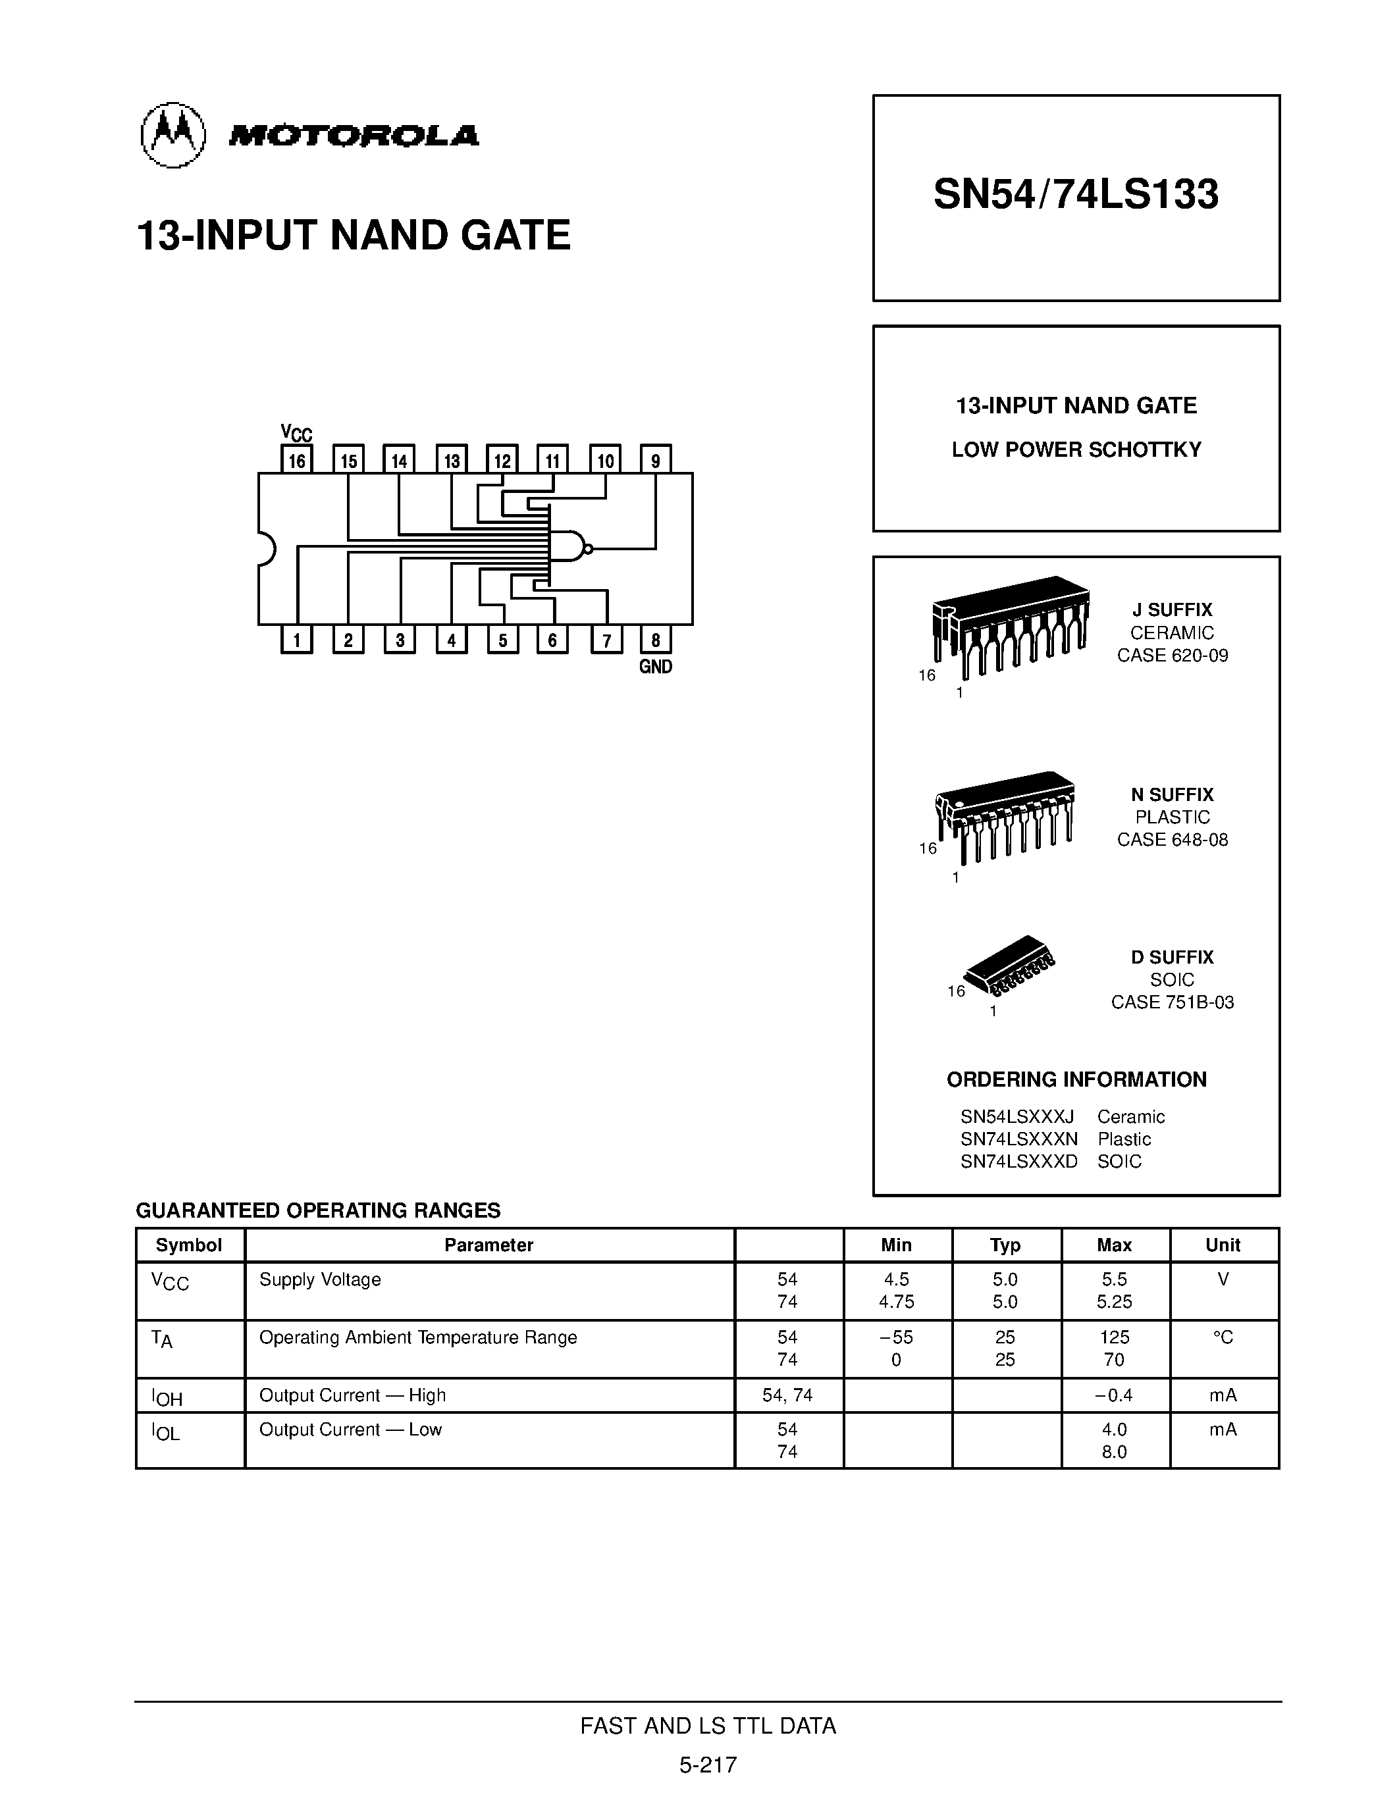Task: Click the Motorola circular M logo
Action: point(172,134)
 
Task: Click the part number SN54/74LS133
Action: point(1075,195)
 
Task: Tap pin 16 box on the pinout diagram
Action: point(297,460)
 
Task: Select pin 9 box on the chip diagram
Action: point(656,460)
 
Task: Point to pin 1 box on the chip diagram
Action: point(297,640)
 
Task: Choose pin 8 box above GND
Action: point(656,640)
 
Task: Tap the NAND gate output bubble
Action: point(589,548)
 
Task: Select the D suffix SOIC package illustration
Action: point(1009,966)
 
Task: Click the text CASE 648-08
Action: point(1172,840)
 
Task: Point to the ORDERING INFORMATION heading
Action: point(1076,1080)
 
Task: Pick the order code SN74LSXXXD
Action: point(1018,1162)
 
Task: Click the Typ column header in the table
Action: point(1005,1245)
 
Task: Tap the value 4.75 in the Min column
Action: point(896,1302)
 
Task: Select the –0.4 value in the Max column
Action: point(1113,1395)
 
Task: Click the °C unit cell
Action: point(1223,1337)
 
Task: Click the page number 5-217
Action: point(708,1765)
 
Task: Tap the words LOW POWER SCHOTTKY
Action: point(1076,450)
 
